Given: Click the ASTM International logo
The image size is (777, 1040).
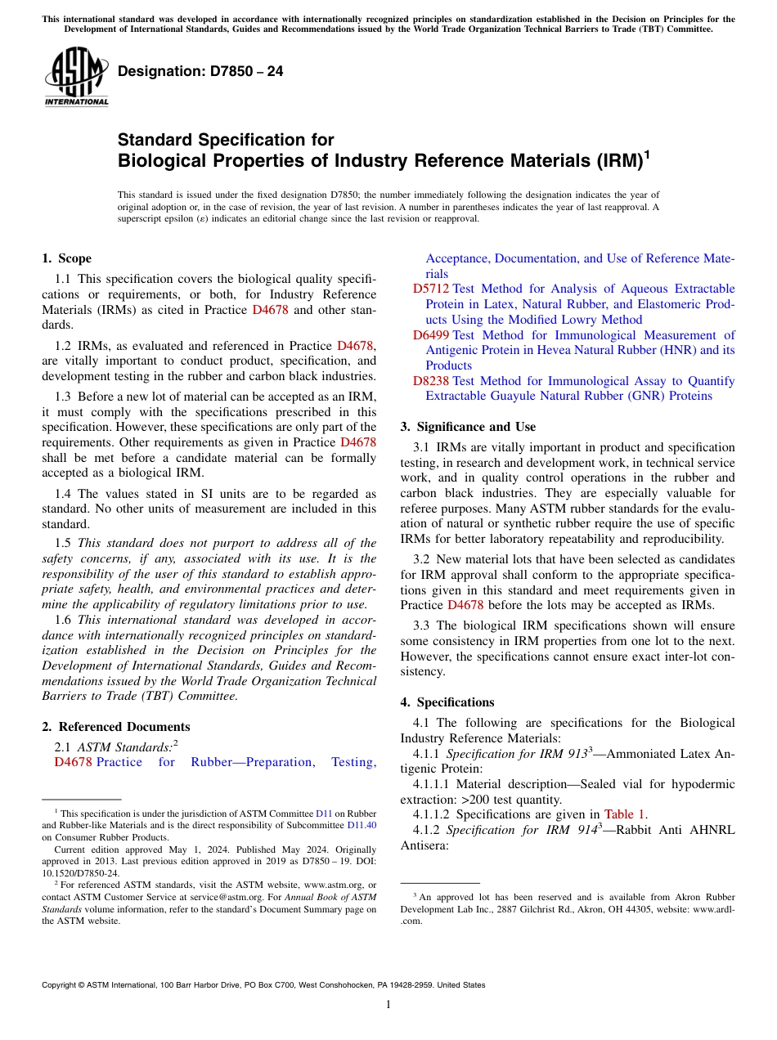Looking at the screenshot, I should click(76, 78).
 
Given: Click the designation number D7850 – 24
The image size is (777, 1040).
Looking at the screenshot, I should click(200, 72).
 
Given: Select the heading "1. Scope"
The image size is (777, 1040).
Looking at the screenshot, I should click(67, 258).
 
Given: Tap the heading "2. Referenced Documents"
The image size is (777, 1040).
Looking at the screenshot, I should click(116, 727).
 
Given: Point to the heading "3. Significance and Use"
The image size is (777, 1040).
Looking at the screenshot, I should click(469, 427).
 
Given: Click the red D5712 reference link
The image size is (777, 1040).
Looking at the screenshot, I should click(430, 289).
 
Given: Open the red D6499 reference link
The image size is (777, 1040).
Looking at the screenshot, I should click(430, 335).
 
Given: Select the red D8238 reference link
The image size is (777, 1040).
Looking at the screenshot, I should click(430, 381).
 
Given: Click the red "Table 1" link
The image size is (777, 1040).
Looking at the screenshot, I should click(625, 814).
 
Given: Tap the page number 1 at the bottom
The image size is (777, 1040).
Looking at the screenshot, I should click(388, 1005).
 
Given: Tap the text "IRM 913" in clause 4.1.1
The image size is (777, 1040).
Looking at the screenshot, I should click(564, 754).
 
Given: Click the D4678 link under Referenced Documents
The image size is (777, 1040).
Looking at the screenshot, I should click(73, 763).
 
